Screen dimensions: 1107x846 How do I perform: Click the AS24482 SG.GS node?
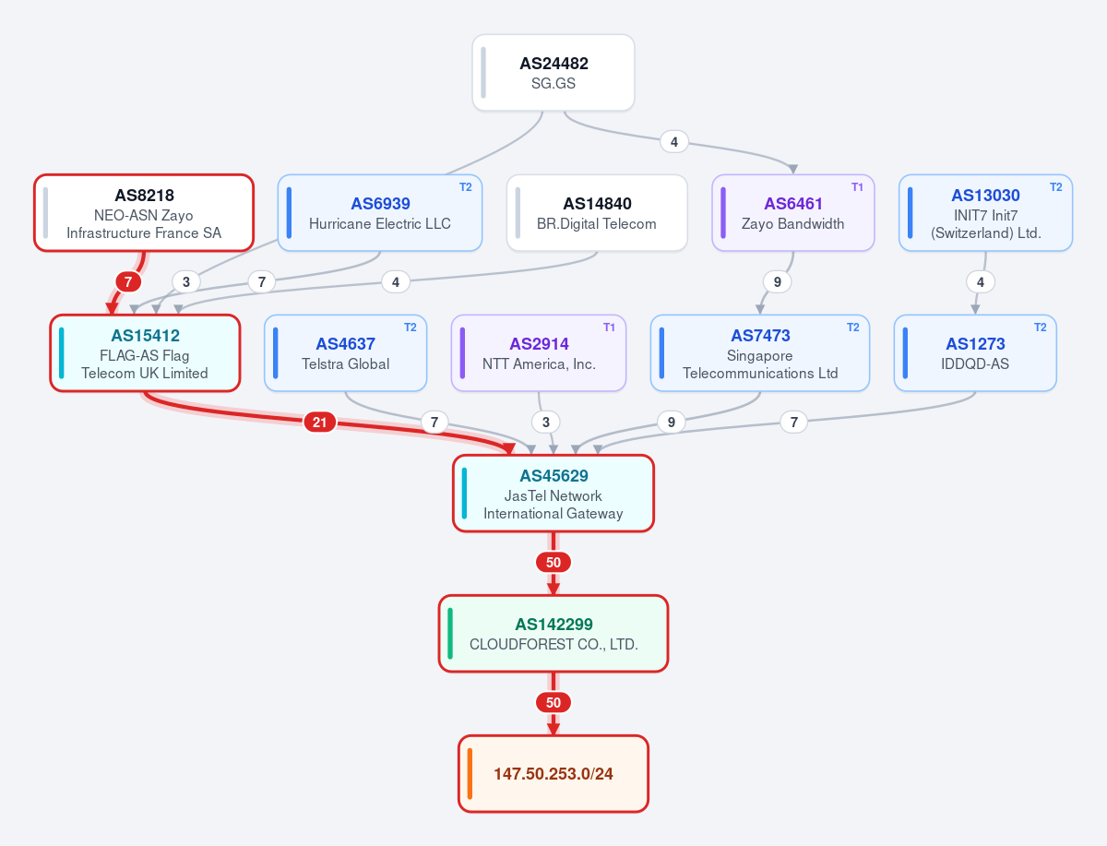coord(553,73)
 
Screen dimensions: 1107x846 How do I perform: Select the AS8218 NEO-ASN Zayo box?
coord(144,213)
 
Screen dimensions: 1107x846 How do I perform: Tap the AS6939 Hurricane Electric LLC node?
coord(380,213)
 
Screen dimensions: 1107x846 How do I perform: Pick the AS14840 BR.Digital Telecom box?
coord(597,213)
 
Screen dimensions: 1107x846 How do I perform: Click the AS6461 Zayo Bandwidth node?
coord(792,213)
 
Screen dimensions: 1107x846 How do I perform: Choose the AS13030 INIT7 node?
coord(985,213)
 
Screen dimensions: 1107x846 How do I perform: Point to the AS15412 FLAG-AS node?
coord(145,353)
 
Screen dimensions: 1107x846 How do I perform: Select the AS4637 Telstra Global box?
coord(345,353)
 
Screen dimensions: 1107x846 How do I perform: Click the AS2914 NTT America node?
coord(539,353)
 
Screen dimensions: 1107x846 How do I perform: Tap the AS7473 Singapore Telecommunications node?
coord(760,353)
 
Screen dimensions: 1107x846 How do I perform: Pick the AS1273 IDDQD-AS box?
coord(975,353)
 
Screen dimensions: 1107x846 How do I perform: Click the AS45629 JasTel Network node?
coord(553,493)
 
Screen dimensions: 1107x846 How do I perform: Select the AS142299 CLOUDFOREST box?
coord(553,633)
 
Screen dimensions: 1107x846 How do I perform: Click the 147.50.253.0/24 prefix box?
coord(553,773)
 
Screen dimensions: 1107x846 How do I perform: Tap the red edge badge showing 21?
coord(320,422)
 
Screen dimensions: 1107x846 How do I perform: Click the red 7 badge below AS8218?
coord(128,281)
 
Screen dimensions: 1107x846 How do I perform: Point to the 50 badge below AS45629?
coord(553,562)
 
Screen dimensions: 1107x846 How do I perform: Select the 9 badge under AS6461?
coord(777,281)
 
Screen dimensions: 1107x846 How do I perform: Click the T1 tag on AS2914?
coord(609,328)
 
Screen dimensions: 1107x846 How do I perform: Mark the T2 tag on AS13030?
coord(1056,187)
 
